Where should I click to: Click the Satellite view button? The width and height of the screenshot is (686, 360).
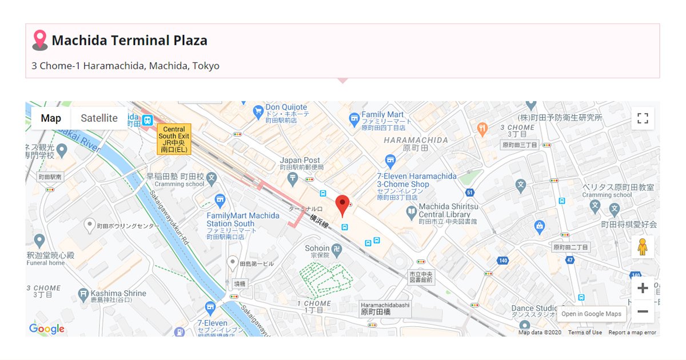pyautogui.click(x=99, y=118)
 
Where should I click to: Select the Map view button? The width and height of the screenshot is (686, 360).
pyautogui.click(x=51, y=118)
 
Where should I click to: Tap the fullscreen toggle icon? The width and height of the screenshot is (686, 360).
pyautogui.click(x=643, y=118)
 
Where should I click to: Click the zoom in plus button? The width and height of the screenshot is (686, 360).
pyautogui.click(x=643, y=288)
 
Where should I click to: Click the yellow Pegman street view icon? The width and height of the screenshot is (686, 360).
pyautogui.click(x=643, y=247)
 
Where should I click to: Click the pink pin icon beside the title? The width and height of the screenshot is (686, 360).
pyautogui.click(x=40, y=40)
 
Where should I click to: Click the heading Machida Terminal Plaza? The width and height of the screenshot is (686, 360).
pyautogui.click(x=129, y=41)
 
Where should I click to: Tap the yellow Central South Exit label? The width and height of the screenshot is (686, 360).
pyautogui.click(x=174, y=139)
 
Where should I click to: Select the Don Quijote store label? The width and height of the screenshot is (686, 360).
pyautogui.click(x=286, y=107)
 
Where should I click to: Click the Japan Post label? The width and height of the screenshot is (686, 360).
pyautogui.click(x=300, y=161)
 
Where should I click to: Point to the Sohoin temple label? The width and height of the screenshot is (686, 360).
pyautogui.click(x=317, y=249)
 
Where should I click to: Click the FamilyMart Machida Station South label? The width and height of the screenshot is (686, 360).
pyautogui.click(x=242, y=219)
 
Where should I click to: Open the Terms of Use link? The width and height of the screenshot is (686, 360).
pyautogui.click(x=584, y=333)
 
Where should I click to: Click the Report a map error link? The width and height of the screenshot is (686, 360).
pyautogui.click(x=632, y=333)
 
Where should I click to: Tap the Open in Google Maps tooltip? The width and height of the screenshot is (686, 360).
pyautogui.click(x=591, y=314)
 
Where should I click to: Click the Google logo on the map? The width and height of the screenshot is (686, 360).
pyautogui.click(x=47, y=329)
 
